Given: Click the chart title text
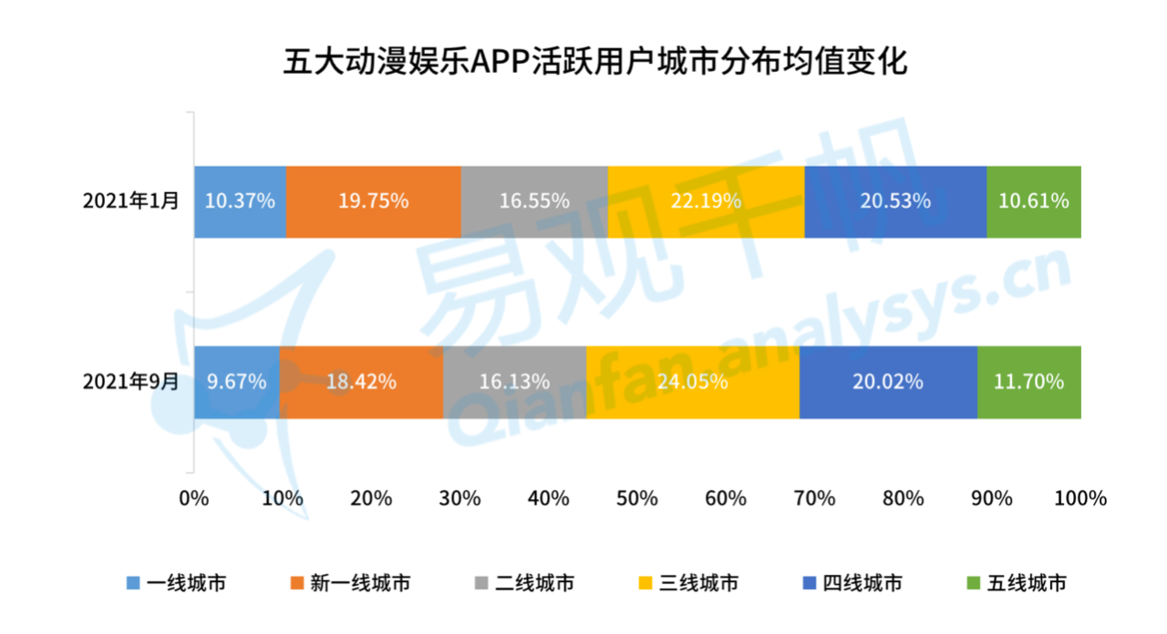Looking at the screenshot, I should point(583,64).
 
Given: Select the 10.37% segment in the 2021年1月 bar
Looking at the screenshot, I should point(240,201).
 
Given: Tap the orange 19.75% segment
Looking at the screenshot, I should point(373,201).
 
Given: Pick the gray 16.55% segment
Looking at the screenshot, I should point(534,201).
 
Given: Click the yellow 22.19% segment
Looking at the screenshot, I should point(706,201).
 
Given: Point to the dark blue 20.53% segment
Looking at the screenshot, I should point(895,201).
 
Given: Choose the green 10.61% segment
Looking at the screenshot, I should point(1034,201).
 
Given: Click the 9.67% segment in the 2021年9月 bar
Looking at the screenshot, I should point(236,382).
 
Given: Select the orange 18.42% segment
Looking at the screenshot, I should point(361,382).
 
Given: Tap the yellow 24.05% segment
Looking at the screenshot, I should point(693,382).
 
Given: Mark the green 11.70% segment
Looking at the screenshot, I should point(1029,382).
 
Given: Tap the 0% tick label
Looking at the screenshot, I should point(194,499).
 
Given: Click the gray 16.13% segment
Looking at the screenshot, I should point(515,382).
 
